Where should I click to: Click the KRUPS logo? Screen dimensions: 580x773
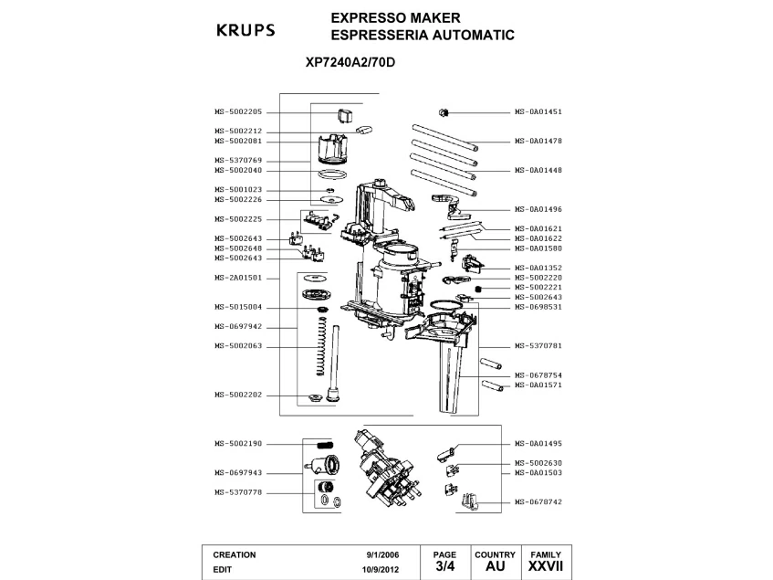[x=245, y=29]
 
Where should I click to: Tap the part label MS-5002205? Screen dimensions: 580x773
[x=238, y=111]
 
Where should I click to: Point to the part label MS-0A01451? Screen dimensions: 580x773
[x=538, y=111]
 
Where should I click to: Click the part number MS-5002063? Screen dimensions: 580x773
[x=238, y=345]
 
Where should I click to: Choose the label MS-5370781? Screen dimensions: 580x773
[x=538, y=345]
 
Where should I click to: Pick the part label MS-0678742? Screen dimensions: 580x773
[x=538, y=501]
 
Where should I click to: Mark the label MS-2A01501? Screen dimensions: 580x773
[x=238, y=277]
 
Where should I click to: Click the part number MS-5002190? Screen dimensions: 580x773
[x=238, y=443]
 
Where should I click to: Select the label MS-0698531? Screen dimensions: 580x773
[x=538, y=306]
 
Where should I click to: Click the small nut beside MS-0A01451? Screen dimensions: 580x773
[x=443, y=111]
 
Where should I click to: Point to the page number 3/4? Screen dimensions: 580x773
[x=444, y=566]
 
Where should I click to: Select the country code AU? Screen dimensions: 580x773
[x=495, y=566]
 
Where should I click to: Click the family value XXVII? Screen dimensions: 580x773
[x=546, y=566]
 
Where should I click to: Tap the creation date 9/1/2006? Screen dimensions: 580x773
[x=382, y=554]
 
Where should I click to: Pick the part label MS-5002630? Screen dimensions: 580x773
[x=538, y=462]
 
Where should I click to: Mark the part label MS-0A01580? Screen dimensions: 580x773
[x=538, y=248]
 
